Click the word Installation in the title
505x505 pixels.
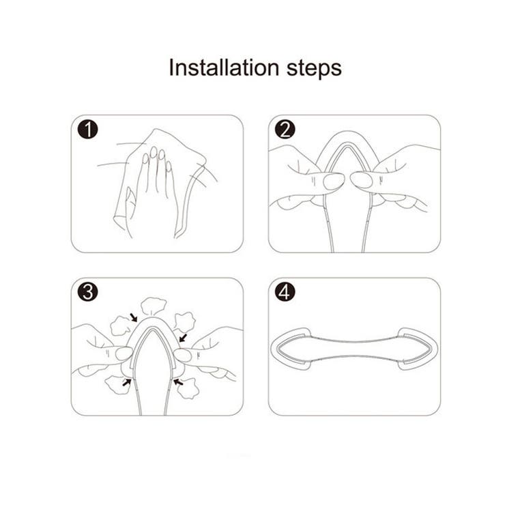[224, 68]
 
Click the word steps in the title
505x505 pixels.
[314, 69]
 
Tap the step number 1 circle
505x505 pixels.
[87, 130]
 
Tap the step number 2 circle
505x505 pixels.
[285, 130]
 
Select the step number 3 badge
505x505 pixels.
[87, 292]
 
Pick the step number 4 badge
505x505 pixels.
[285, 292]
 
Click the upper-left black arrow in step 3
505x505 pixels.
[133, 317]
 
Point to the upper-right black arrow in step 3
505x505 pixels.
[183, 338]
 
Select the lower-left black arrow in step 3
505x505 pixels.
[126, 383]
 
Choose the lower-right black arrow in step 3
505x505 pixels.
[178, 382]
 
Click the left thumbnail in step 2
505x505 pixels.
[334, 182]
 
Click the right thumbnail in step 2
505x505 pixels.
[362, 180]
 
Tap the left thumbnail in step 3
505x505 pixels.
[124, 353]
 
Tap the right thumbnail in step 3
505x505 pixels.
[182, 356]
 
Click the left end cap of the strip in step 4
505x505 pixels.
[291, 349]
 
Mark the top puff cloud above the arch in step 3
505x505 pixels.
[154, 306]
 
